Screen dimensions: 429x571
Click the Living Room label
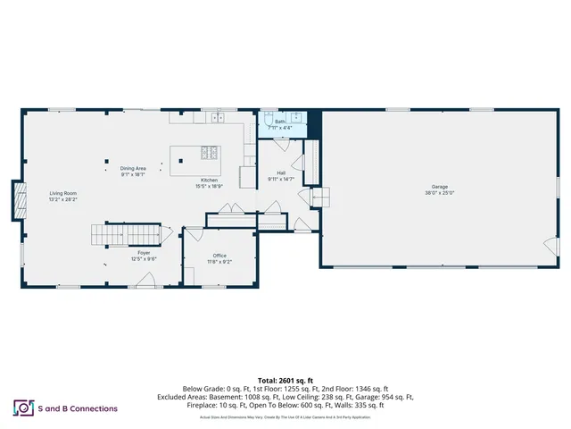[x=62, y=194]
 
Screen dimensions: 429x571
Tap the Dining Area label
[x=133, y=169]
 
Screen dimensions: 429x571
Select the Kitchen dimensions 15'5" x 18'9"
[x=210, y=186]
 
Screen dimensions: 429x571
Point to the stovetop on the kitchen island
[x=209, y=153]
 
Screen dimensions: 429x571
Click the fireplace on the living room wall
[x=17, y=200]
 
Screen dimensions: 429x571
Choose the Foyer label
[x=144, y=254]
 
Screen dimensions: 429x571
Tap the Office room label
[x=219, y=256]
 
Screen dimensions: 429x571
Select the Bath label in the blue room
[x=279, y=122]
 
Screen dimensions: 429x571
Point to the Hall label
[x=281, y=172]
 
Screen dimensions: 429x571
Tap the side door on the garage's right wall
[x=550, y=244]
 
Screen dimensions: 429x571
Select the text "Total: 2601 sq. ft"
[x=285, y=379]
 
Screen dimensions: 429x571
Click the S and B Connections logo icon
[x=22, y=408]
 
